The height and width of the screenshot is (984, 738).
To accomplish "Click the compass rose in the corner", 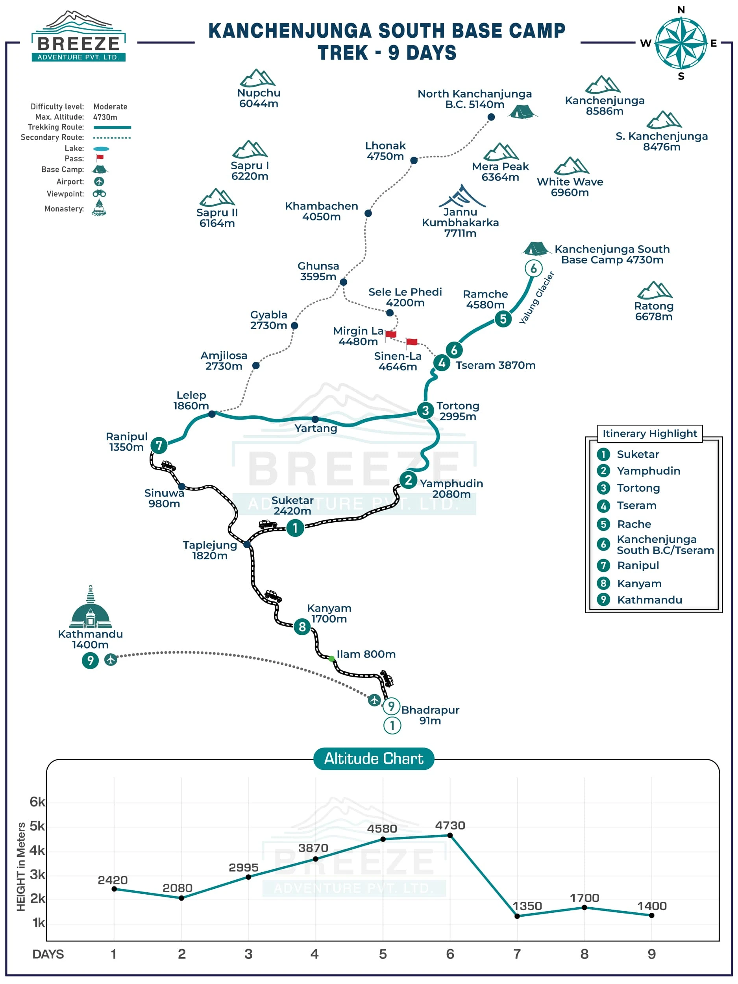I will pos(681,43).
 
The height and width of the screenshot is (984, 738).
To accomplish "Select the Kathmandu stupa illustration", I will pos(90,607).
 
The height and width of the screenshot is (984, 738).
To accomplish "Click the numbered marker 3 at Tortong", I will pos(425,410).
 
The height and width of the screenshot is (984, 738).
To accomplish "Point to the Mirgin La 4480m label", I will pos(358,336).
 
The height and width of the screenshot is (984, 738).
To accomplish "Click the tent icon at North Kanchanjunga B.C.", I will pos(522,111).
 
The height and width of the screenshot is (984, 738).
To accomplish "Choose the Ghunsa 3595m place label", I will pos(318,271).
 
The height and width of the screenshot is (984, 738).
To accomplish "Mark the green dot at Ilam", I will pos(331,658).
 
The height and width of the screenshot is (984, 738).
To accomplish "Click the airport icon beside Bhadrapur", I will pos(374,700).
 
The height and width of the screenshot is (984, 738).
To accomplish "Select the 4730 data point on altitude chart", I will pos(450,836).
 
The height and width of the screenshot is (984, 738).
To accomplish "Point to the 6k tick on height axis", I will pos(37,802).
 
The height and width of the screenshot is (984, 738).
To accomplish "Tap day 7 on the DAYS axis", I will pos(517,954).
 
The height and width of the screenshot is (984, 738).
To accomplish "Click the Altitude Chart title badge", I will pos(374,758).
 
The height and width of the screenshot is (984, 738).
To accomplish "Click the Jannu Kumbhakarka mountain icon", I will pos(462,196).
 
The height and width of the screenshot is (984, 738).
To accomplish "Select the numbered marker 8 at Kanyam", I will pos(302,627).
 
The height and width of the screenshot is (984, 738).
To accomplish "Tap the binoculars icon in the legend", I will pos(99,194).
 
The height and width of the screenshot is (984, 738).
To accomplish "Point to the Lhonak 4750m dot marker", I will pos(414,160).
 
